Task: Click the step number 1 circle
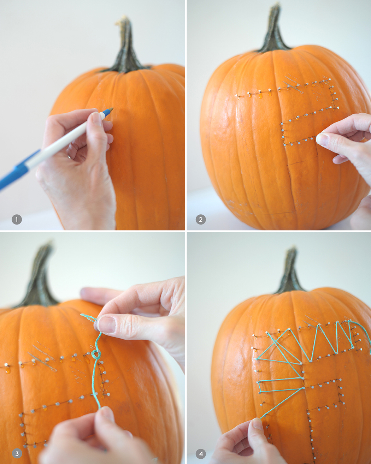tap(17, 220)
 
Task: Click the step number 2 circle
tap(201, 220)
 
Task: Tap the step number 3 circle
tap(17, 453)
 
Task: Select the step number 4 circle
tap(201, 453)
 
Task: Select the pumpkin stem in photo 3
tap(41, 275)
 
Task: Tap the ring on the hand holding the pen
tap(70, 155)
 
